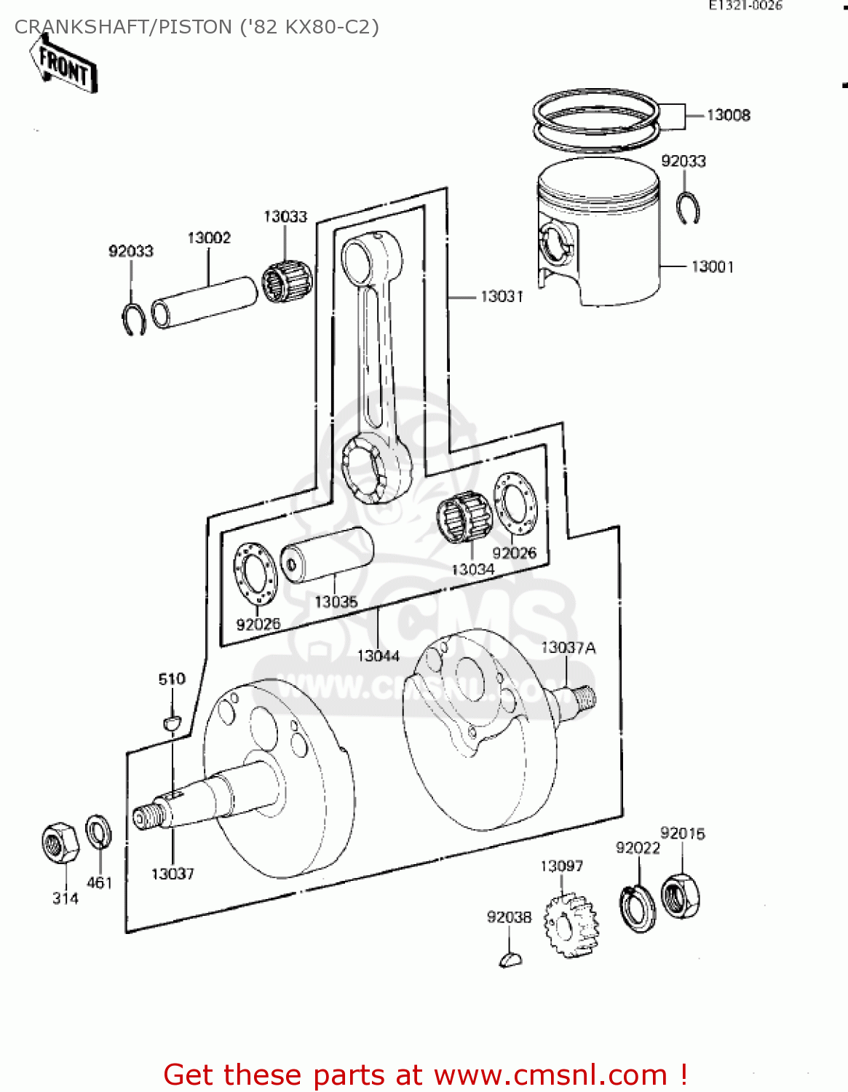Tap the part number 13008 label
pos(728,115)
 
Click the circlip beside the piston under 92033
pos(687,209)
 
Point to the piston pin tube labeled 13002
pos(205,302)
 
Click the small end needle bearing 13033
pos(287,280)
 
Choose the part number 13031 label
pos(502,296)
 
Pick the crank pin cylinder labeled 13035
pos(327,555)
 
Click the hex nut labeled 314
pos(60,843)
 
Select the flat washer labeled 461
pos(98,832)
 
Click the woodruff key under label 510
pos(171,722)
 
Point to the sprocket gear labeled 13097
pos(570,925)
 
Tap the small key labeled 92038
pos(511,960)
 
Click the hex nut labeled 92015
pos(681,895)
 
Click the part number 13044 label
pos(378,656)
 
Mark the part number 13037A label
pos(568,647)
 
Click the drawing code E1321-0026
pos(745,6)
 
